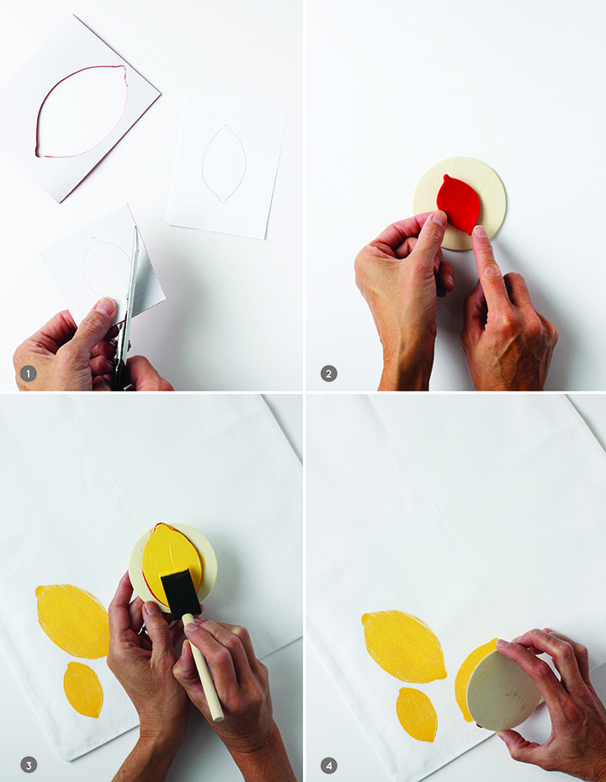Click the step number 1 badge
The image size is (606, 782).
(28, 374)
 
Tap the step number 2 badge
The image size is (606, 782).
(329, 374)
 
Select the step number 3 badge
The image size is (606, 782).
(29, 765)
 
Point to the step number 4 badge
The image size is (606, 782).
(329, 765)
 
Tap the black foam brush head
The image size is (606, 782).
(180, 593)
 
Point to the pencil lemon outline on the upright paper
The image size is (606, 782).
(224, 163)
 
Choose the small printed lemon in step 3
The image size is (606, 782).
(83, 689)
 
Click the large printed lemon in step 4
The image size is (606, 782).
(404, 646)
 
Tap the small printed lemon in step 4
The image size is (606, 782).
(417, 715)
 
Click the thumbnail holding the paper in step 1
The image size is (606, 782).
(105, 306)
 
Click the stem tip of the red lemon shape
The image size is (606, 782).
(444, 175)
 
